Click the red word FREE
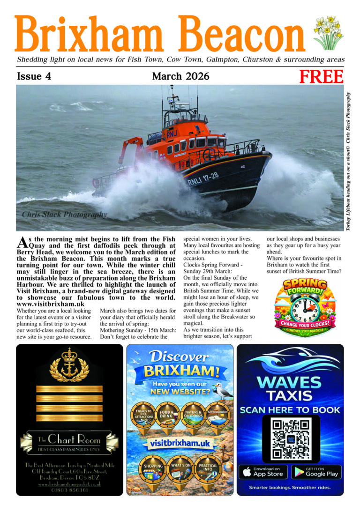click(x=322, y=76)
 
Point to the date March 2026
click(x=180, y=76)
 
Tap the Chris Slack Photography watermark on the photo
click(x=64, y=215)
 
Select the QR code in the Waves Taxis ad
click(x=291, y=438)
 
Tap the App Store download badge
click(x=263, y=471)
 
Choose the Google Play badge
click(x=316, y=471)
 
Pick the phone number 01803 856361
click(x=69, y=490)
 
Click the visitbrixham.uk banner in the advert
click(x=180, y=442)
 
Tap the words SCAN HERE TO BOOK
click(x=290, y=410)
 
